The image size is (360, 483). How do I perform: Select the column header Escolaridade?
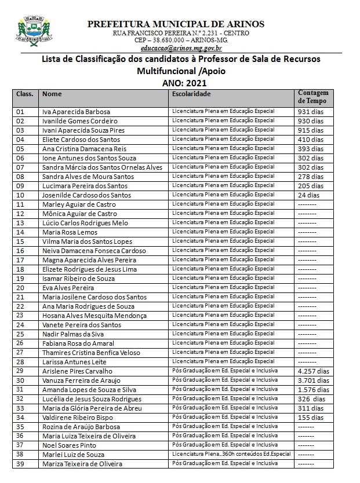(x=191, y=94)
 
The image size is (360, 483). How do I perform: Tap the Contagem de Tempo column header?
(x=313, y=97)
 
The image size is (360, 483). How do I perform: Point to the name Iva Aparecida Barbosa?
(x=76, y=112)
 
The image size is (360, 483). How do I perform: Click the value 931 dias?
(x=310, y=112)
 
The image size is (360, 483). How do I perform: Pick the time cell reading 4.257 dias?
(x=313, y=371)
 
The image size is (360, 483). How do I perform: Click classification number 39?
(x=20, y=463)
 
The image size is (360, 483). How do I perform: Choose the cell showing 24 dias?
(x=308, y=195)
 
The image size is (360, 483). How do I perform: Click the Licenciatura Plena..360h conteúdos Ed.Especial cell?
(x=231, y=454)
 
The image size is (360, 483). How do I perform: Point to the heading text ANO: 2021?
(x=180, y=82)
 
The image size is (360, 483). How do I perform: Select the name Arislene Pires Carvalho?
(x=77, y=371)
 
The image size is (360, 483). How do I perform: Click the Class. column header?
(x=24, y=94)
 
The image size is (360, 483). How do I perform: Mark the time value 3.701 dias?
(x=313, y=380)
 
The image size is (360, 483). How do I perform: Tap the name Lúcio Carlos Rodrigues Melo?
(x=85, y=223)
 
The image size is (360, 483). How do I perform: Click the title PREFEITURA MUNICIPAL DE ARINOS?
(x=176, y=24)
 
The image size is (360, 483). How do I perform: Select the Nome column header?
(x=52, y=94)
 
